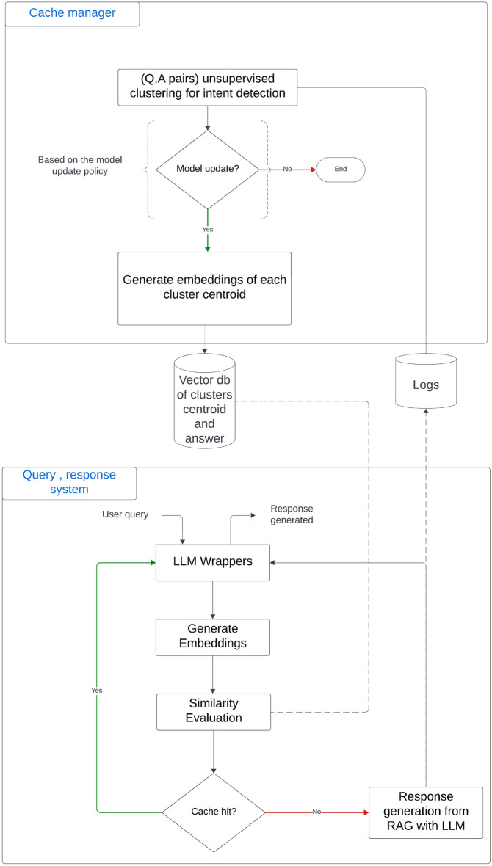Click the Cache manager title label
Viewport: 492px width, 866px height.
[72, 13]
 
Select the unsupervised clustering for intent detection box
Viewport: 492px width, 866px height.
[207, 87]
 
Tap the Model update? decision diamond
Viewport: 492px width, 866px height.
[207, 169]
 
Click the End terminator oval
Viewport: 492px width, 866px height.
[341, 169]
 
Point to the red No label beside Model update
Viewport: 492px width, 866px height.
[287, 169]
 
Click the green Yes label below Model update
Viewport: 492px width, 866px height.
[207, 228]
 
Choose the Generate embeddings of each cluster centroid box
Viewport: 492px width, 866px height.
[205, 288]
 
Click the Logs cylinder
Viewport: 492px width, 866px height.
[426, 381]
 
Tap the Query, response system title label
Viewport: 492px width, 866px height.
[70, 481]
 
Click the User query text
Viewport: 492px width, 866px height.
[126, 514]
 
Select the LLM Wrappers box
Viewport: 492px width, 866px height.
[213, 562]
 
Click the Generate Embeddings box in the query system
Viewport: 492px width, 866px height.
[213, 637]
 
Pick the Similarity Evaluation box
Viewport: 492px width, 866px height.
[213, 711]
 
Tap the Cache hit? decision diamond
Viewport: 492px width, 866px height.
[214, 812]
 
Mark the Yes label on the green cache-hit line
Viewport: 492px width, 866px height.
[97, 691]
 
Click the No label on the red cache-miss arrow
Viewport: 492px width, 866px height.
[316, 812]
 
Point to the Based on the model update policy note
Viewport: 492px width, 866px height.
[79, 164]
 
